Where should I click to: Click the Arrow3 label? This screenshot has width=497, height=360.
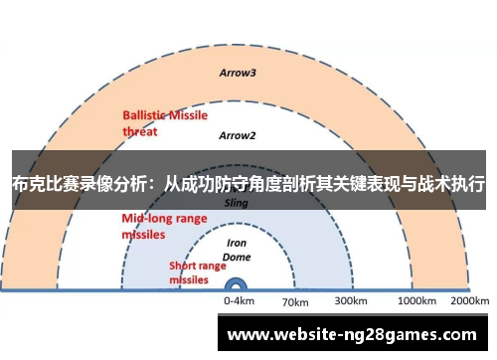click(238, 73)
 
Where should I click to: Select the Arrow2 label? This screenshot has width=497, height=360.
click(238, 135)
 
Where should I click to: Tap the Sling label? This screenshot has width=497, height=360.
click(237, 202)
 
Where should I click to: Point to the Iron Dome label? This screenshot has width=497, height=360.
click(237, 249)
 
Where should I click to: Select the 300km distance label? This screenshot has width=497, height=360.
click(351, 299)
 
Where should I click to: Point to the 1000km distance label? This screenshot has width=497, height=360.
click(415, 299)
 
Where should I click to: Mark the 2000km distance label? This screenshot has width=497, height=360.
click(469, 299)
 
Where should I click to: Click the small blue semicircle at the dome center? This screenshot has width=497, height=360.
click(239, 285)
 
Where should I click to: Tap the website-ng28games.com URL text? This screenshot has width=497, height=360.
click(353, 335)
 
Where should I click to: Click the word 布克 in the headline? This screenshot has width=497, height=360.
click(28, 184)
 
